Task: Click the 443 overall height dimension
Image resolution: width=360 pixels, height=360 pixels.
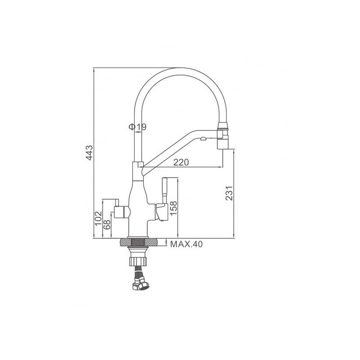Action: pos(89,153)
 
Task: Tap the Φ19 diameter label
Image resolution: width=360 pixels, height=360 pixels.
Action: pos(137,127)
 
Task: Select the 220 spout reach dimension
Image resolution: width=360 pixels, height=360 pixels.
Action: pos(181,162)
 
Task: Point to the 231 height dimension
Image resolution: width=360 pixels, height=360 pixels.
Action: pos(229,193)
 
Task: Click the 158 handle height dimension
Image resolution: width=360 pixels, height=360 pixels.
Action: pos(173,208)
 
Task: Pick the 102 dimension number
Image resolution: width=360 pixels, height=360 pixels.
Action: pos(98,218)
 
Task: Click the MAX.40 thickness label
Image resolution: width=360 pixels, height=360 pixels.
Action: pos(186,244)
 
